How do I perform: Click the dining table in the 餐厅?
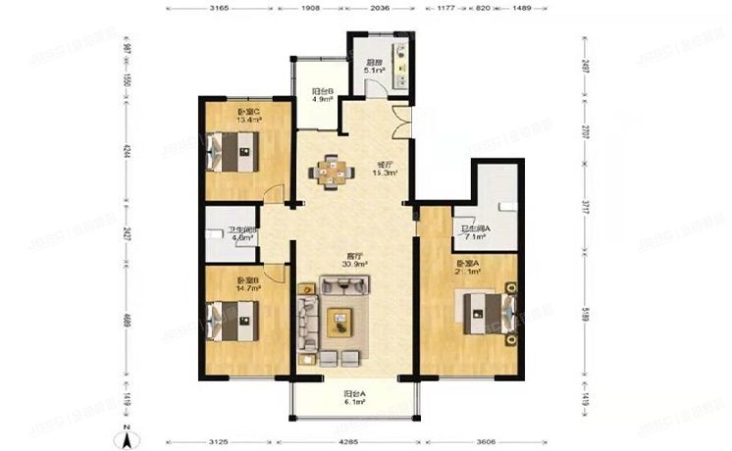coord(334,173)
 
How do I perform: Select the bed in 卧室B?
coord(232,320)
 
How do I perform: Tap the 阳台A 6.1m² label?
coord(353,399)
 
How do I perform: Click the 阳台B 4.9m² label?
coord(323,94)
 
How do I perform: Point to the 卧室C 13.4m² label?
coord(248,116)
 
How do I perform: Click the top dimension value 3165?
coord(233,9)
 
